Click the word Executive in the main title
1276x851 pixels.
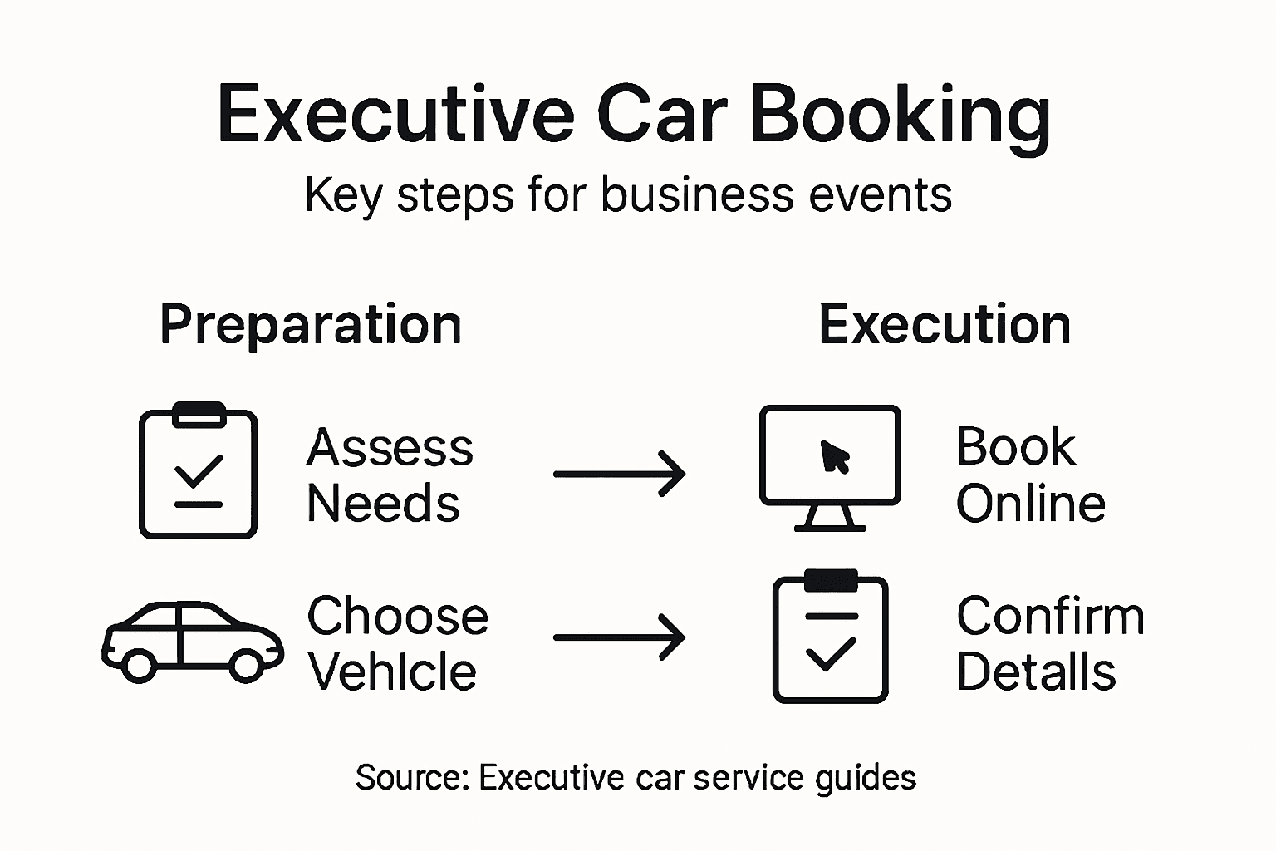(395, 115)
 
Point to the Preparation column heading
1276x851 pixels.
(310, 324)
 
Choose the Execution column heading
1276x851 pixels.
(945, 324)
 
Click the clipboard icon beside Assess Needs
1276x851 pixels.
(198, 471)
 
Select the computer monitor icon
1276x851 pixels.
(830, 467)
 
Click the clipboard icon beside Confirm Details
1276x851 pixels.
(830, 637)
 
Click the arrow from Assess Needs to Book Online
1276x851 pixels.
(620, 474)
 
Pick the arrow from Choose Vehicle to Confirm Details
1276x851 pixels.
(620, 637)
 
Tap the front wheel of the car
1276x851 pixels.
(246, 665)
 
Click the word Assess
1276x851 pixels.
(390, 448)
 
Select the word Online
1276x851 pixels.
(1030, 504)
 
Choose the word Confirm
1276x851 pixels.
(1050, 617)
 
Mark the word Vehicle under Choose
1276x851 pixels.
(392, 671)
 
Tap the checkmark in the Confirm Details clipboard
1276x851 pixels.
(830, 654)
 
